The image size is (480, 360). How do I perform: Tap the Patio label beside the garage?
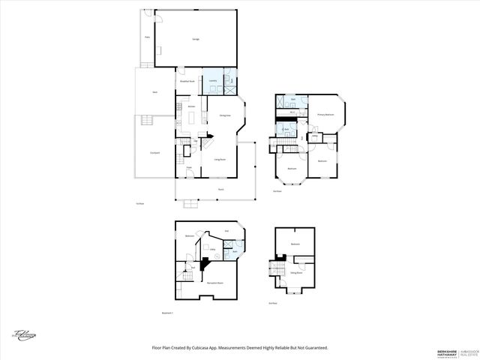click(148, 35)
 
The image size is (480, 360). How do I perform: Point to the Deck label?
click(154, 91)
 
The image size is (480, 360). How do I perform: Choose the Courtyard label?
click(154, 152)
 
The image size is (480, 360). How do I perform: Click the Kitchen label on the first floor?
click(192, 107)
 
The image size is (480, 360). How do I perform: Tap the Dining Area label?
click(224, 115)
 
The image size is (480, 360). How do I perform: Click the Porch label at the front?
click(221, 190)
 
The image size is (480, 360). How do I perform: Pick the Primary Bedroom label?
click(324, 115)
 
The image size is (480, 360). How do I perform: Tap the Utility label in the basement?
click(213, 248)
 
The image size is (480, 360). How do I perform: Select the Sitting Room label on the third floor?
click(296, 273)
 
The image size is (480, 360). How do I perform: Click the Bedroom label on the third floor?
click(295, 244)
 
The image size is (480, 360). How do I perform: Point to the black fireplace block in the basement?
click(203, 264)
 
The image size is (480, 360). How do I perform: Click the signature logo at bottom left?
click(24, 336)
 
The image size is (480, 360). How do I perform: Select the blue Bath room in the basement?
click(235, 250)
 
